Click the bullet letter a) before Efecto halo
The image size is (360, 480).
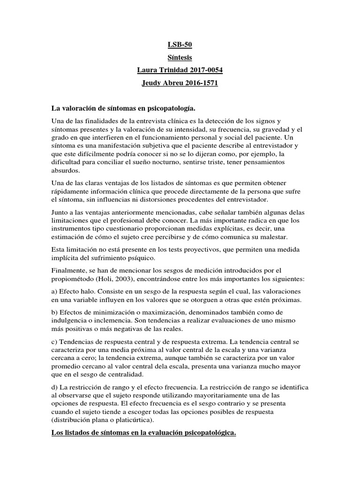click(54, 291)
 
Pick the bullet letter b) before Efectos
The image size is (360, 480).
click(54, 312)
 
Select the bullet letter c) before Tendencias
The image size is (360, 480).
click(54, 341)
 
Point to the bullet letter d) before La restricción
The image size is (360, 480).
click(54, 387)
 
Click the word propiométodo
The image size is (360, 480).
click(72, 278)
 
